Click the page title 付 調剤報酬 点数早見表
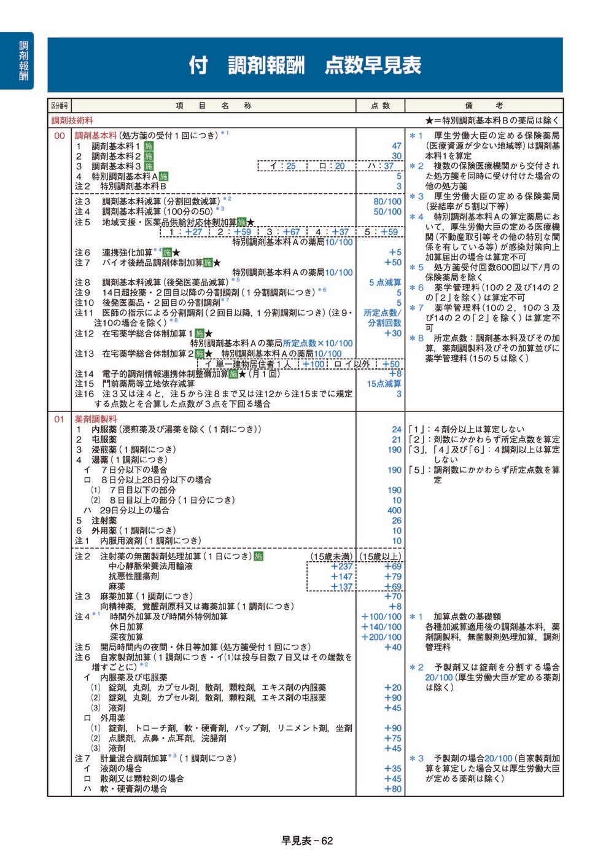click(305, 65)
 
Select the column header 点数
click(380, 106)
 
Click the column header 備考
click(483, 106)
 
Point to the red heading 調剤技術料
click(72, 121)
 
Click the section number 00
click(60, 136)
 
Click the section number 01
click(60, 419)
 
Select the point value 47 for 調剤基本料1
click(396, 146)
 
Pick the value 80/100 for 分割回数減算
click(387, 201)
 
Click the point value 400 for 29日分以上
click(394, 510)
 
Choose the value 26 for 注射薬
click(397, 521)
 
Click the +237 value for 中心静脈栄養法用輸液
click(341, 566)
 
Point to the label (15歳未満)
click(332, 556)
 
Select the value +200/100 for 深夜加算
click(381, 637)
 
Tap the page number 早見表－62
click(307, 841)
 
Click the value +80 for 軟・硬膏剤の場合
click(392, 789)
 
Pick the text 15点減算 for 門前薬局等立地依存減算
click(384, 384)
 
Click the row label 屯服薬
click(104, 440)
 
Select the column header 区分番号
click(60, 106)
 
